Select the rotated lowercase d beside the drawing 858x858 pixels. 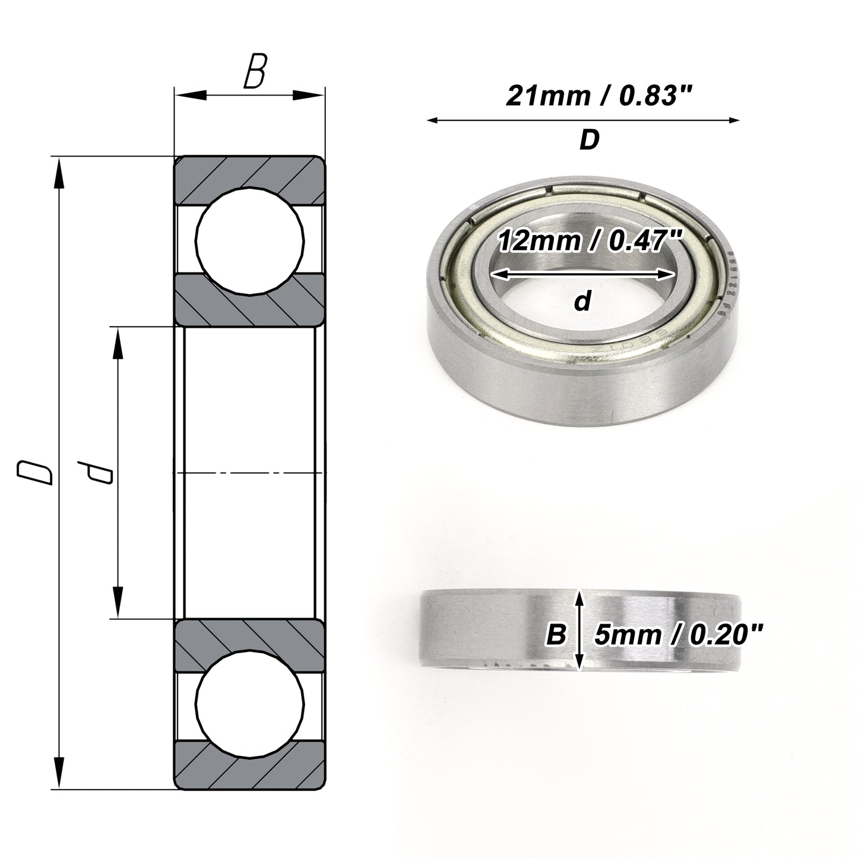click(x=95, y=473)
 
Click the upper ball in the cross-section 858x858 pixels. click(x=250, y=241)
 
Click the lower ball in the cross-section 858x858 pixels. click(x=250, y=705)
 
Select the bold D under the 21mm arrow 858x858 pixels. click(x=590, y=140)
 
